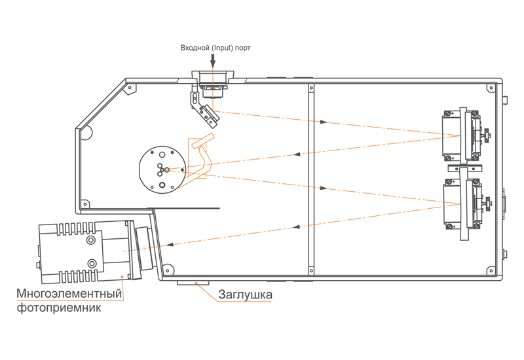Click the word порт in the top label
242,48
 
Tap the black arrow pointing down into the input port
213,61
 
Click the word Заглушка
245,295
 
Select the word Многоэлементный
69,293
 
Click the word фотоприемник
59,307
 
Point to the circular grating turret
162,170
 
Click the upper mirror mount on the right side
464,135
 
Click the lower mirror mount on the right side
465,204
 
